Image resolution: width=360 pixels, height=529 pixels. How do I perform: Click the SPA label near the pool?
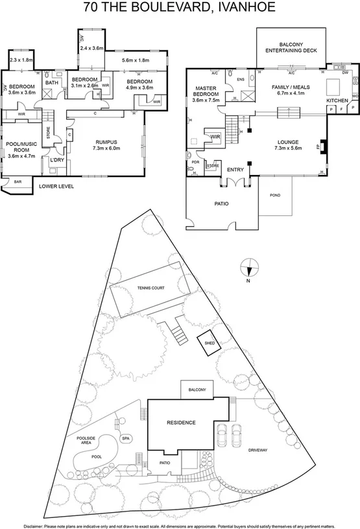pyautogui.click(x=126, y=438)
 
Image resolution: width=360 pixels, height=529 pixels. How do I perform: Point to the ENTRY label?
pyautogui.click(x=235, y=170)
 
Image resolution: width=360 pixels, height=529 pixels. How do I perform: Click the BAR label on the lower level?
pyautogui.click(x=18, y=182)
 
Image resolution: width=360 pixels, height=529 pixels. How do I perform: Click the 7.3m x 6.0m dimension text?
pyautogui.click(x=106, y=148)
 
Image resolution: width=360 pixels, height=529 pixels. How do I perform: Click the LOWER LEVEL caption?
pyautogui.click(x=56, y=186)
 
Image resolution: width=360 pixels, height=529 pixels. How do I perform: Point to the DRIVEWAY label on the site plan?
pyautogui.click(x=257, y=449)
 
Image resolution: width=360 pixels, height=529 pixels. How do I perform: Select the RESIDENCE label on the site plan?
pyautogui.click(x=181, y=422)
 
